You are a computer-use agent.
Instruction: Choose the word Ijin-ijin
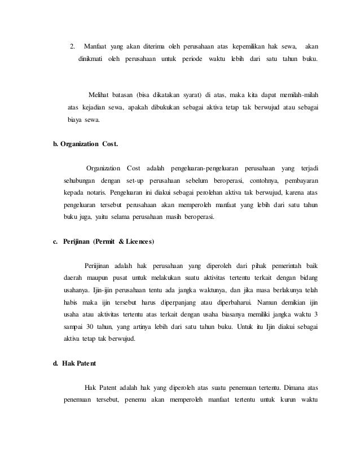[x=104, y=291]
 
